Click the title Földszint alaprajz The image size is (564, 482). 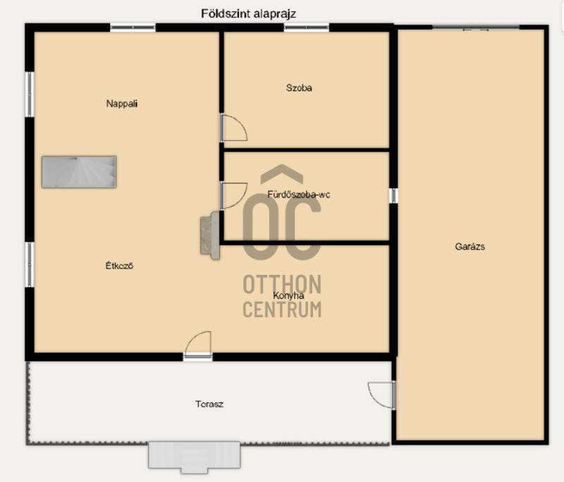249,14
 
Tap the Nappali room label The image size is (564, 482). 122,104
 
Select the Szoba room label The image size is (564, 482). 299,87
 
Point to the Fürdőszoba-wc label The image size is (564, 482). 298,194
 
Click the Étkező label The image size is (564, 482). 119,266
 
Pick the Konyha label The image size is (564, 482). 288,295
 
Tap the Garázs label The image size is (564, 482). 470,247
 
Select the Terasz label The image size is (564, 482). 209,404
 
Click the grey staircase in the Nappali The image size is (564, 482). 79,172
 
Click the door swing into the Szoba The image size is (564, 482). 234,128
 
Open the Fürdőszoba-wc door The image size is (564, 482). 234,195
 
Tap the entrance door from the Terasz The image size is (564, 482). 197,346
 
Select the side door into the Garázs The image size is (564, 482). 381,395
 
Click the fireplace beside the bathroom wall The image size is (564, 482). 210,235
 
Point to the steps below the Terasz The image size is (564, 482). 195,457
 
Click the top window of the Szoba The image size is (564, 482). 307,27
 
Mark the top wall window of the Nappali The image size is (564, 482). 133,27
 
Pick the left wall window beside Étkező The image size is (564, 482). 30,264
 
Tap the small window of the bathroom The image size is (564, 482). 393,195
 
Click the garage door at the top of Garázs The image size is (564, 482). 475,27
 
